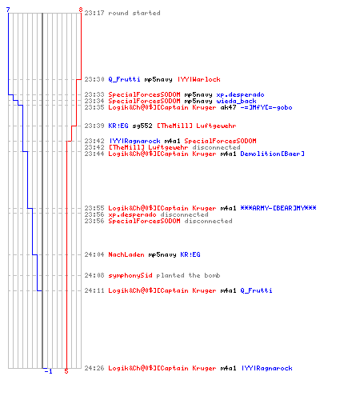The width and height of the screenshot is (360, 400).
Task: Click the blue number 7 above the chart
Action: [x=8, y=10]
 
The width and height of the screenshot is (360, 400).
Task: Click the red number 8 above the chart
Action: [x=81, y=10]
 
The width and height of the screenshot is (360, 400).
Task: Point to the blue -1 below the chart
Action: [x=48, y=371]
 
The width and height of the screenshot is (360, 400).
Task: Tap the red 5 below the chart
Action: [x=66, y=371]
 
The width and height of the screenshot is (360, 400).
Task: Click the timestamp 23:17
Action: [x=94, y=13]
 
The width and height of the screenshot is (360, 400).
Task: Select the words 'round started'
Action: [x=134, y=13]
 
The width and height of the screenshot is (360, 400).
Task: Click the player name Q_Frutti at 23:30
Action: [x=124, y=79]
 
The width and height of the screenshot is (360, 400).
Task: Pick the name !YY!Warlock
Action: [x=199, y=79]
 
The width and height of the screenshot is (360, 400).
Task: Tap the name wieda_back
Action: [x=236, y=102]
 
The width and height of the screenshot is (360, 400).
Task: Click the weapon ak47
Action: [x=228, y=108]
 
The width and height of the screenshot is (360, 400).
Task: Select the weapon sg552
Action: [x=142, y=126]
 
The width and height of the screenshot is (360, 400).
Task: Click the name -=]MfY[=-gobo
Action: [x=266, y=108]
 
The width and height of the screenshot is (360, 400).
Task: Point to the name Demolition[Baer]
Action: [x=272, y=154]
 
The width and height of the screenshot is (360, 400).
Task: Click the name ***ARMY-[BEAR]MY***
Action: [x=278, y=208]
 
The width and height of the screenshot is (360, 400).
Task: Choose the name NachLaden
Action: [x=126, y=254]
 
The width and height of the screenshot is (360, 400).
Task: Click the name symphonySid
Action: [x=130, y=275]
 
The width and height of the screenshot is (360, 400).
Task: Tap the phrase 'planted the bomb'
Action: [x=188, y=275]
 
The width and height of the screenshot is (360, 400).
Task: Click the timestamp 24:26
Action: [x=94, y=368]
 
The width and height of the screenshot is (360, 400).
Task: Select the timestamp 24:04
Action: [x=94, y=254]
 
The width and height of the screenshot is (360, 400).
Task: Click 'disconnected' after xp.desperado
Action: [x=184, y=214]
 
